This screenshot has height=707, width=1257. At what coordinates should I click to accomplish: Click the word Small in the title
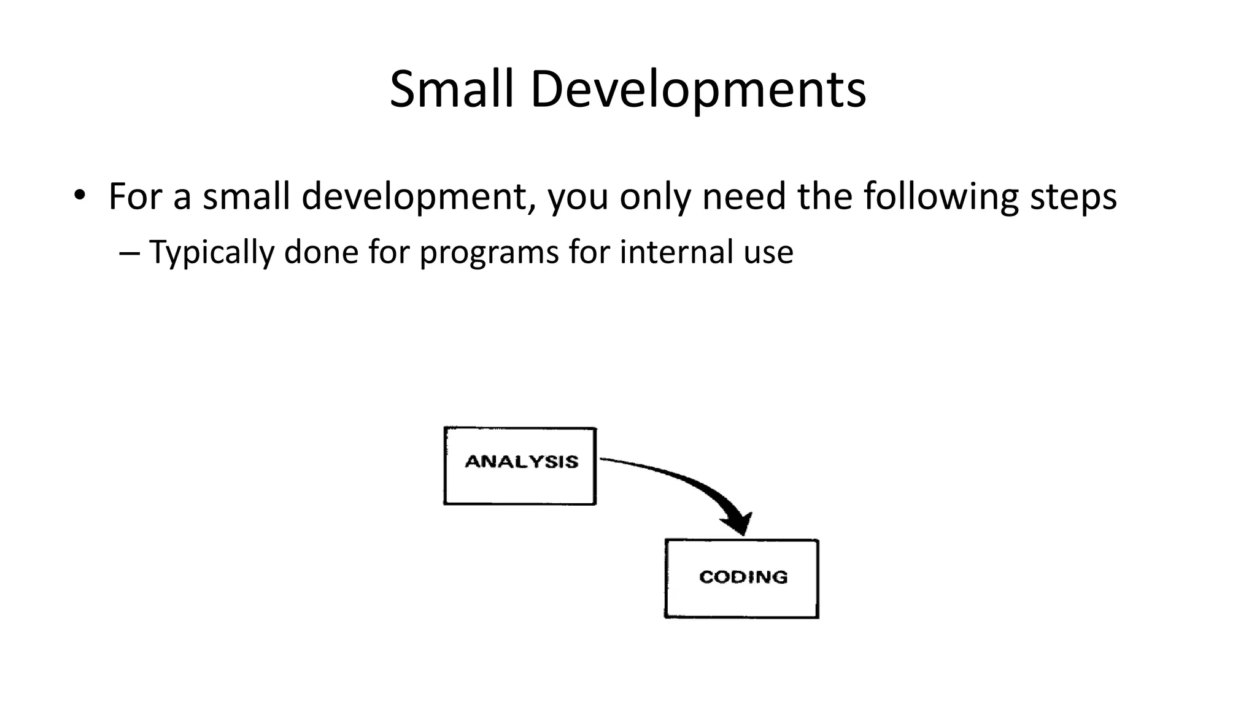(451, 90)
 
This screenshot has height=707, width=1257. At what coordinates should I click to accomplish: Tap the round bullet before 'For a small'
(79, 196)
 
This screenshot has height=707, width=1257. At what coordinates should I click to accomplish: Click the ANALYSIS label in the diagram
(521, 462)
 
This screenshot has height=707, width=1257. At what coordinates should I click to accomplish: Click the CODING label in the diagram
(743, 577)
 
